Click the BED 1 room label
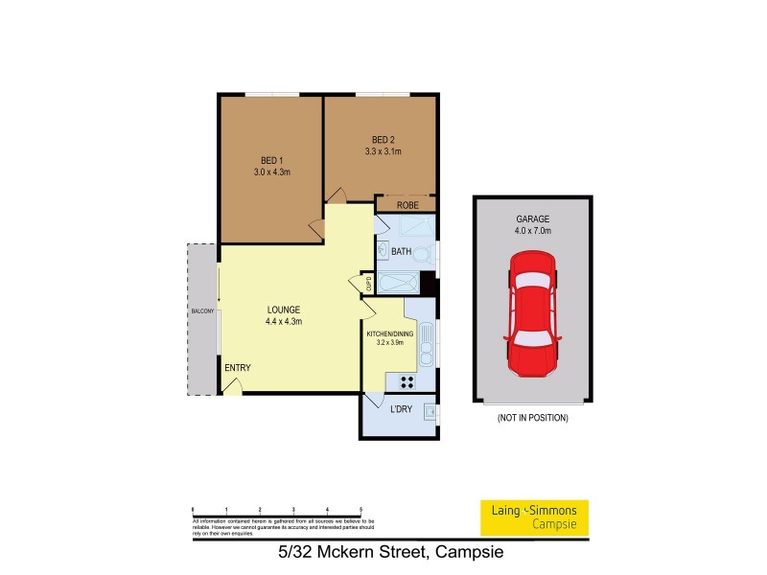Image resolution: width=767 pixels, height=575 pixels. [271, 160]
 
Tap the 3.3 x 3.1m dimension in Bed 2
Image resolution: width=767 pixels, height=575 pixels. [383, 151]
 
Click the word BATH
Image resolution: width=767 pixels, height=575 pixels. [401, 252]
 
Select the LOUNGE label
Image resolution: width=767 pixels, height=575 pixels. [284, 310]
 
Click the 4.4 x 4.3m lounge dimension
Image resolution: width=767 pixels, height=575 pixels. [284, 322]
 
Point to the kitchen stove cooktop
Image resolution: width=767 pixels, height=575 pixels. [407, 381]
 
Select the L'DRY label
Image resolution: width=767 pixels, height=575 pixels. [401, 410]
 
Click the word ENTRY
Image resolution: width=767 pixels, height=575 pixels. [237, 368]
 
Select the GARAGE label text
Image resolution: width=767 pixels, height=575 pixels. [532, 218]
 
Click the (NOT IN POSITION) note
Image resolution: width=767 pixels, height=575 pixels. [532, 419]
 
